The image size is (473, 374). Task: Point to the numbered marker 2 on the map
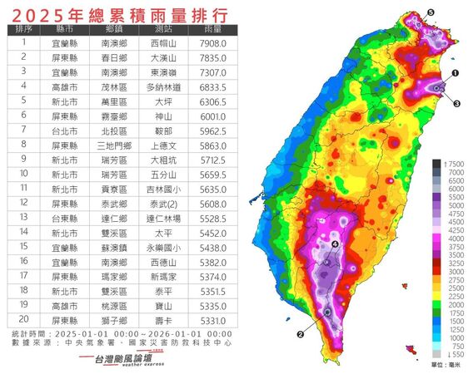coord(299,335)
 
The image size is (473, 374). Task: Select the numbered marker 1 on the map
coord(456,73)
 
